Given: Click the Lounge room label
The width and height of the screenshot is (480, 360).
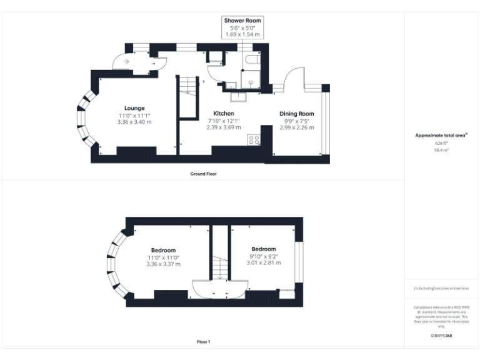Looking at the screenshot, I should (134, 108).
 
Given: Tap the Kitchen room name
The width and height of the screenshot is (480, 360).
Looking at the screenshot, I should (223, 113).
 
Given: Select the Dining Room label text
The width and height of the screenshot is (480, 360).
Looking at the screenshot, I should (296, 113).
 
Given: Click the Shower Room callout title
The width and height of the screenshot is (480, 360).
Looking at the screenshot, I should (243, 21).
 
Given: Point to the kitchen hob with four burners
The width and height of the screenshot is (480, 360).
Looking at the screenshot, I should (254, 140).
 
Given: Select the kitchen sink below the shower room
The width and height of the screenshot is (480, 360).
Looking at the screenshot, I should (238, 96).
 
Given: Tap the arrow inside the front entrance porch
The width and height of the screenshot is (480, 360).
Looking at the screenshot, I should (127, 62).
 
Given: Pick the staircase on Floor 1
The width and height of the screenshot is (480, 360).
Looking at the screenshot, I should (219, 269).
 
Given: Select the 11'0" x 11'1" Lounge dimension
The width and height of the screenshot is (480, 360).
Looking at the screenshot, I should (134, 116).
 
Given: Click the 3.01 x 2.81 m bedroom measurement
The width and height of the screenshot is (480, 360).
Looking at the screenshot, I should (263, 263).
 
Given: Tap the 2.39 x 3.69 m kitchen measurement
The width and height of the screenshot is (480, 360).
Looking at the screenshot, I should (223, 127).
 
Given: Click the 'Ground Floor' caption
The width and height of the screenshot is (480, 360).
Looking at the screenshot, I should (203, 174).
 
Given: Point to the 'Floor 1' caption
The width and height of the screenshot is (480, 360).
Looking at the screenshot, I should (203, 342).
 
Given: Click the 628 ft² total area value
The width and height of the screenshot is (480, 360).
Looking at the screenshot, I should (441, 143).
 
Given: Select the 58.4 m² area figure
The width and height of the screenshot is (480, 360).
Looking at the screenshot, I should (441, 150).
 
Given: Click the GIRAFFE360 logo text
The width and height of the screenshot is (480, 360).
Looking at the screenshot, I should (441, 336).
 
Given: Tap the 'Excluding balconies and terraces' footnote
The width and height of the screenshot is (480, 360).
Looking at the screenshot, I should (441, 288).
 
